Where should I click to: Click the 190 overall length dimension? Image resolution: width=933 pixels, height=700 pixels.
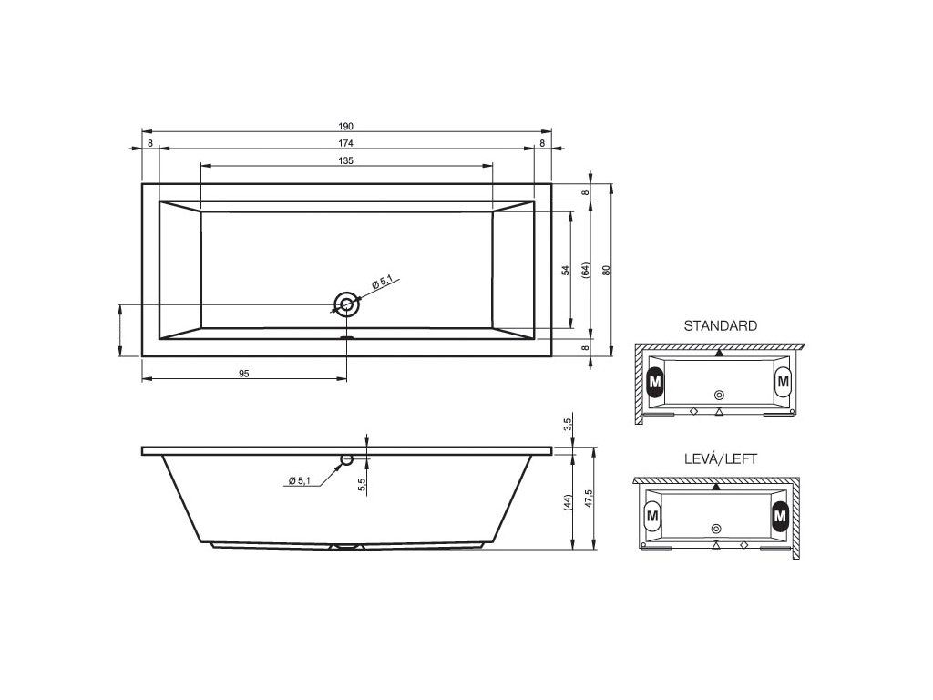pos(345,126)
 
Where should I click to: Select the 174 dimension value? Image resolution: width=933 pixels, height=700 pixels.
pos(345,143)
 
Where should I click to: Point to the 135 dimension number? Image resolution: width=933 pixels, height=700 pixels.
pos(345,160)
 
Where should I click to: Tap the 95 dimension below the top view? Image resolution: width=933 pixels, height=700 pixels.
pos(244,374)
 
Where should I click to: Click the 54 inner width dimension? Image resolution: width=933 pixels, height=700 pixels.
pos(566,270)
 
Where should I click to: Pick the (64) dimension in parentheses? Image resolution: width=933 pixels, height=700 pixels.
pos(586,270)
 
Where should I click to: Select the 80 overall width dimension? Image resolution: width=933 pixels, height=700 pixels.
pos(606,270)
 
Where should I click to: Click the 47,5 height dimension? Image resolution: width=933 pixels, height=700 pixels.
pos(588,498)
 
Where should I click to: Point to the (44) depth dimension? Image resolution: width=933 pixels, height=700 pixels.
pos(568,503)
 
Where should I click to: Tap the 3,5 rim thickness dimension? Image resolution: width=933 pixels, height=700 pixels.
pos(568,424)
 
